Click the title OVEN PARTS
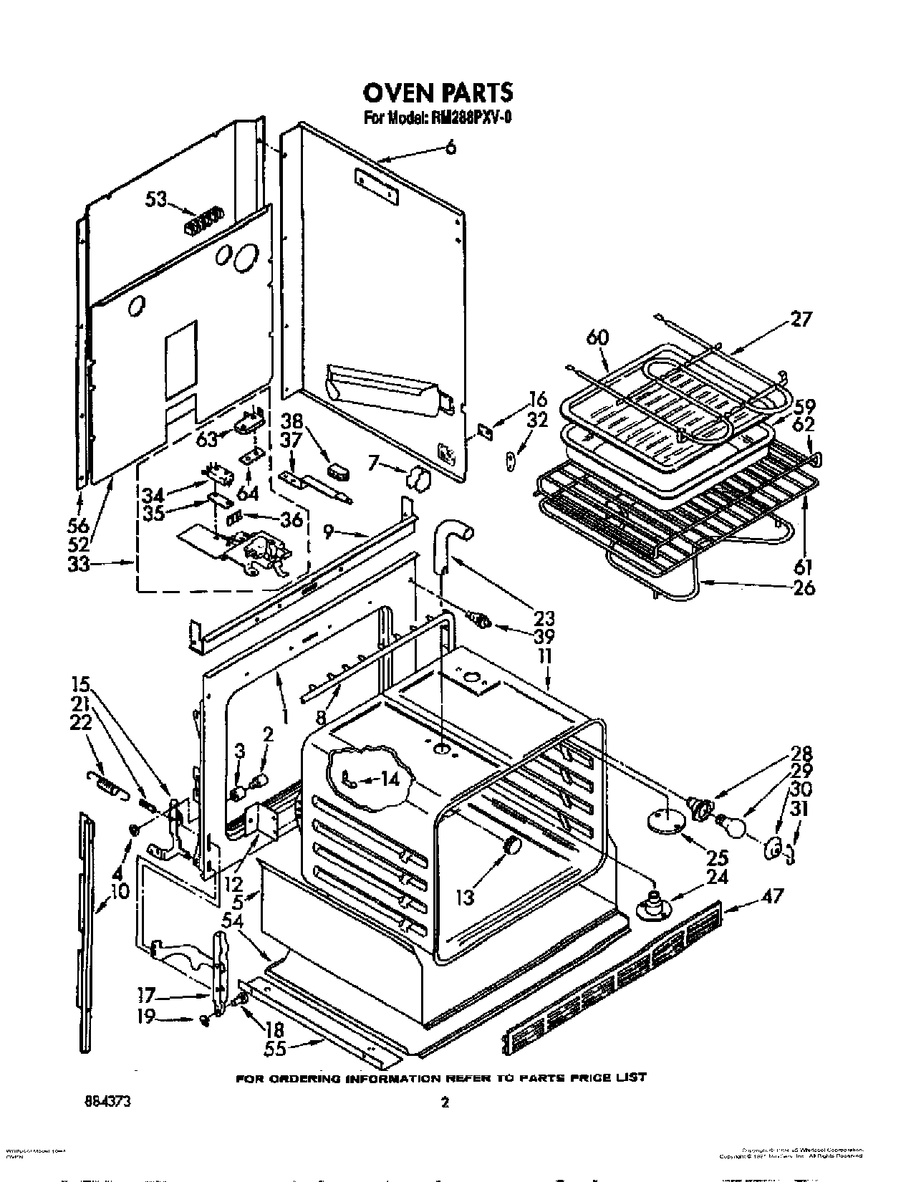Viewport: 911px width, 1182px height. (438, 93)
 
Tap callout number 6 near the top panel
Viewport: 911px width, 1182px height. (450, 148)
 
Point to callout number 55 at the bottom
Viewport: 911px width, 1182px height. (274, 1048)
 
